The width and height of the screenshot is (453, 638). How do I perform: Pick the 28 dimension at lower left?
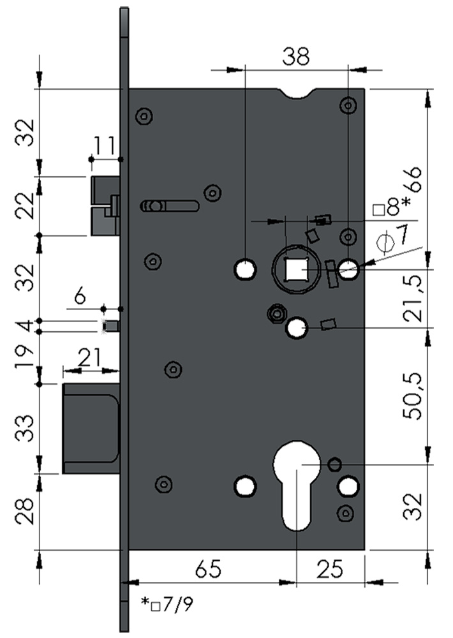click(x=25, y=511)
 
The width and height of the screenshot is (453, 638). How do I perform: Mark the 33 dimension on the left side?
click(x=25, y=429)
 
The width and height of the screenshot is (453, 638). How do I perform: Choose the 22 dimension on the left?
click(x=25, y=205)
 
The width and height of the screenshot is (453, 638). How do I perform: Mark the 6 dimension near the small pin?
click(x=80, y=295)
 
